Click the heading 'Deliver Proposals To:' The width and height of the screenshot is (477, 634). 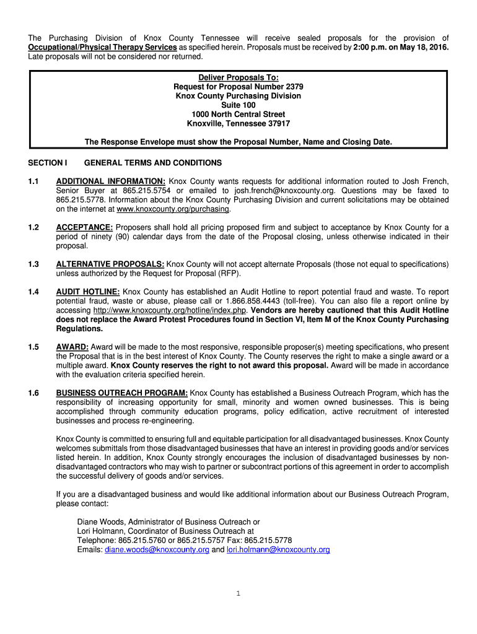pos(239,77)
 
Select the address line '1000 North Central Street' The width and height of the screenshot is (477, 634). pos(239,115)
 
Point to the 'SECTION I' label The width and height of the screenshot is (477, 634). pos(48,163)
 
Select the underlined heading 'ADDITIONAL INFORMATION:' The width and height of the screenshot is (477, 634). pos(110,181)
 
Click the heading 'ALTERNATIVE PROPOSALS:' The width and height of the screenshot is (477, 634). pos(110,264)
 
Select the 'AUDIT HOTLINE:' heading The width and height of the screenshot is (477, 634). pos(88,292)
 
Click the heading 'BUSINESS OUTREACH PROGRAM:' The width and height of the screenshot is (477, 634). pos(122,393)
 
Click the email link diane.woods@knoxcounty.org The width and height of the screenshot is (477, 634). pos(157,549)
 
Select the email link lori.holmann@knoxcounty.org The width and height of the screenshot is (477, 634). pos(278,549)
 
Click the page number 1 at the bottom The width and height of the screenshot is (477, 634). pos(238,593)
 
